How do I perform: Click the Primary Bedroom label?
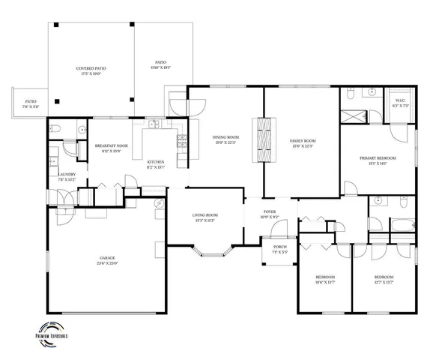(378, 160)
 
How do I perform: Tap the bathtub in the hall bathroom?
(402, 223)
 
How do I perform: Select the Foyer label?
(268, 212)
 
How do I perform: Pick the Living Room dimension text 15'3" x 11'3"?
(205, 220)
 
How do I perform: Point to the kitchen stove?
(181, 139)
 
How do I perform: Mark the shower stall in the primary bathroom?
(351, 117)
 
